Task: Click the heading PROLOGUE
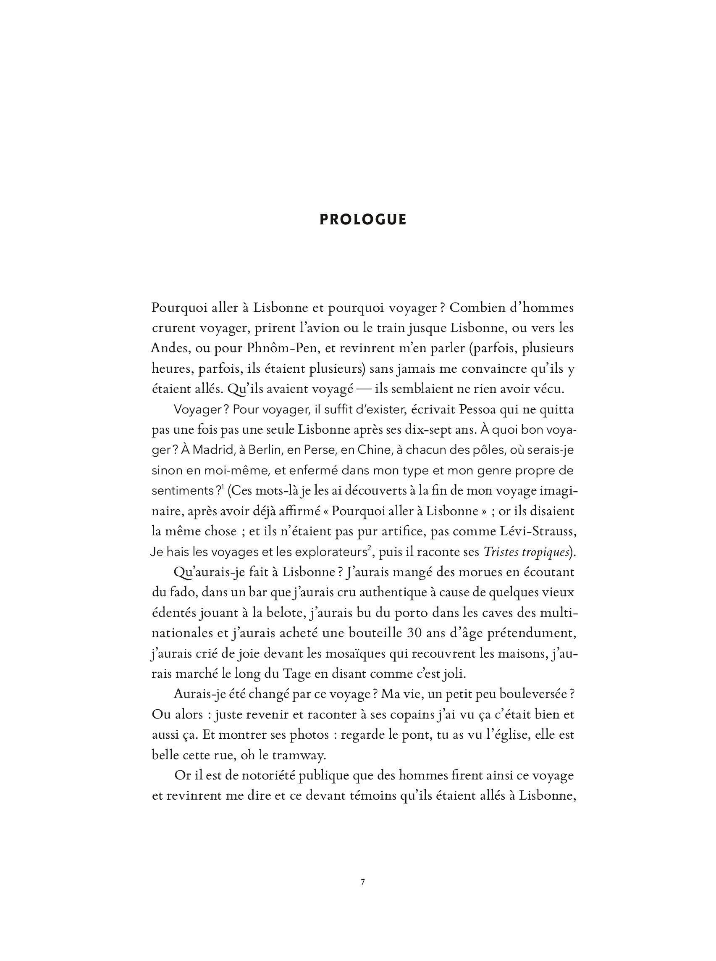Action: tap(363, 220)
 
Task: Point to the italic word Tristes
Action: tap(501, 552)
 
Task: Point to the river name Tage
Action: tap(295, 674)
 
